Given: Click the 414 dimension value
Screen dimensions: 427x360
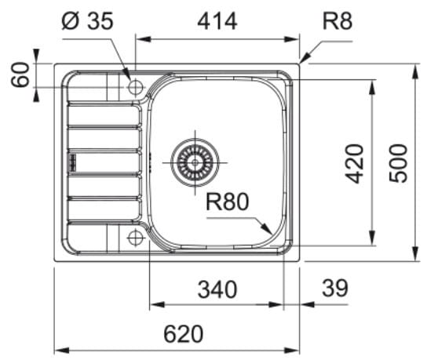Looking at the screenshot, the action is click(x=217, y=21).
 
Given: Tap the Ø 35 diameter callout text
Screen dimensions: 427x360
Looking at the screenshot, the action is click(x=87, y=21).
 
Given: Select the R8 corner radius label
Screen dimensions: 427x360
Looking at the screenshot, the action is click(x=338, y=21).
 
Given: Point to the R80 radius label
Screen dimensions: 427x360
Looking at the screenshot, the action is click(x=227, y=202).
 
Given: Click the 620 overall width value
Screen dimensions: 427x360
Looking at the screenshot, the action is click(x=183, y=334).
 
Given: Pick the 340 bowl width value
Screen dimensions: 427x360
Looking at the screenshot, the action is click(x=217, y=289).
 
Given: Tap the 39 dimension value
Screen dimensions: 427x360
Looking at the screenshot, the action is click(x=335, y=288).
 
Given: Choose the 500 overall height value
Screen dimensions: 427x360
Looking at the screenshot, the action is click(x=398, y=163).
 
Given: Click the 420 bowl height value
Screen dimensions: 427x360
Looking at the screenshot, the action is click(x=354, y=164).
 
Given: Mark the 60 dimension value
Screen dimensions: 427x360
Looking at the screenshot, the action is click(x=20, y=75).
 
